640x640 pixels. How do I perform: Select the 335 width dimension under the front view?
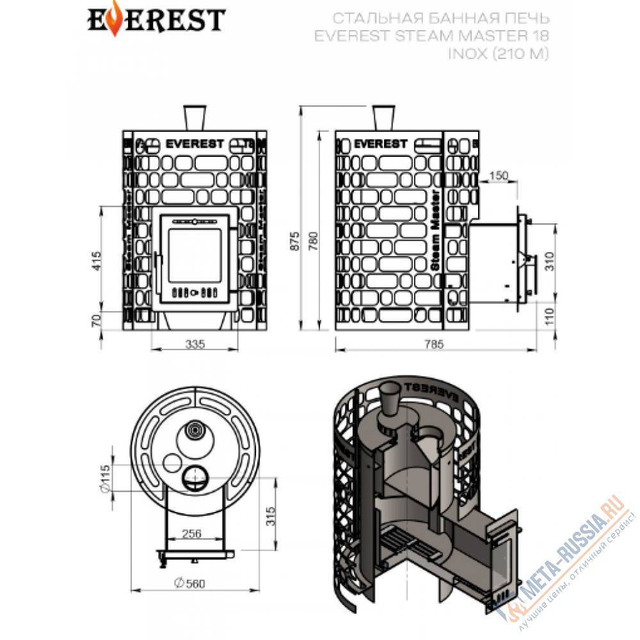pos(195,344)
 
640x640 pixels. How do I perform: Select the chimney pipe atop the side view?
pos(382,118)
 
